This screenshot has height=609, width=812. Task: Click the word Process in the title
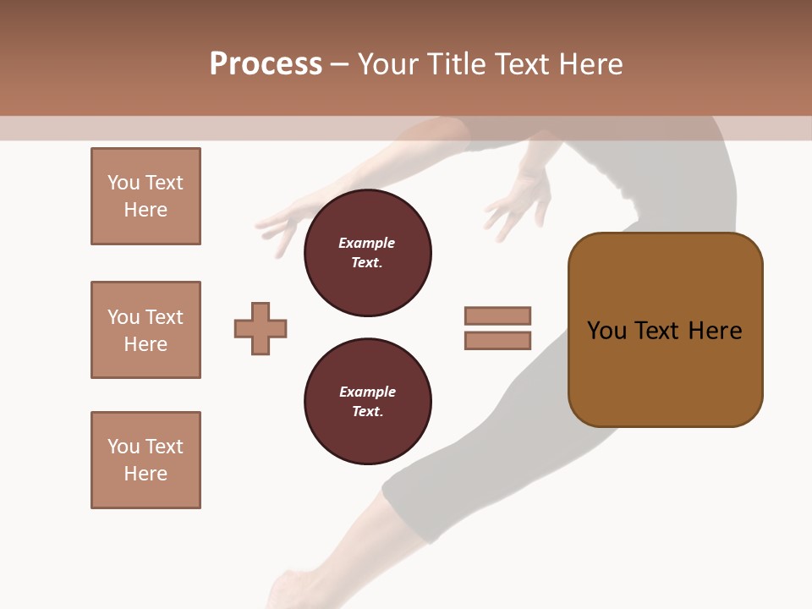[x=266, y=64]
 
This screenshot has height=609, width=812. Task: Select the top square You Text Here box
[x=145, y=196]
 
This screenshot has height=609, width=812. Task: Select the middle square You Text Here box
[x=145, y=330]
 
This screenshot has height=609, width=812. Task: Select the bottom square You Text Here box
[x=145, y=460]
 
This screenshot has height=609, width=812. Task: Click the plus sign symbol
[x=261, y=328]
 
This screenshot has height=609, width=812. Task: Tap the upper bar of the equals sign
[x=497, y=315]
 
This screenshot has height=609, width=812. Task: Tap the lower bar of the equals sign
[x=497, y=341]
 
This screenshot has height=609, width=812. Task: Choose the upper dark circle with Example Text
[x=367, y=253]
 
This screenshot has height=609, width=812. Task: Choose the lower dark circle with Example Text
[x=367, y=402]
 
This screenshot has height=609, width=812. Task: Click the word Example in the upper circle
[x=367, y=243]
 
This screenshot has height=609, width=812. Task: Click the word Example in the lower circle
[x=367, y=392]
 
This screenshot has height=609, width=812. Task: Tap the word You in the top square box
[x=123, y=183]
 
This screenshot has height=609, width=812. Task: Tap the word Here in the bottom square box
[x=145, y=474]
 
